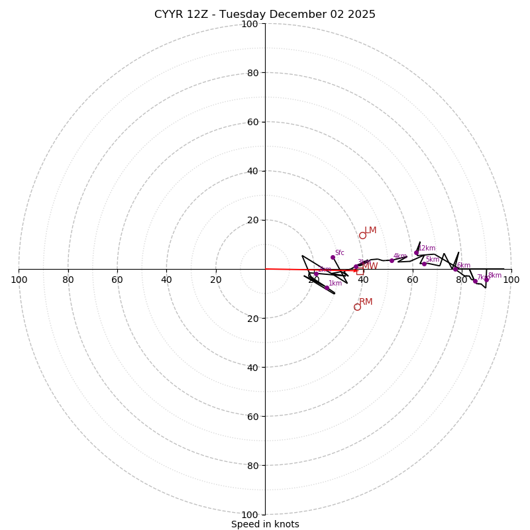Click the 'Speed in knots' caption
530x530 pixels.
(x=265, y=524)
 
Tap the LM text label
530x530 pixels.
(x=370, y=231)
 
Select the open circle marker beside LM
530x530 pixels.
(x=362, y=235)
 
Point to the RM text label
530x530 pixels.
(x=366, y=302)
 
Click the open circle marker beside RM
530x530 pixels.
(x=357, y=307)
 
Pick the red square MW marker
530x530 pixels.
(x=360, y=270)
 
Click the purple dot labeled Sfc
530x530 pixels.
(x=333, y=257)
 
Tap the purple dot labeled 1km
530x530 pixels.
(x=327, y=288)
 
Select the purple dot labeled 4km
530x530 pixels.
(x=392, y=260)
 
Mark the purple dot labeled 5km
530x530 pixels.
(x=424, y=264)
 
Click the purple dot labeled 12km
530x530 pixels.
(x=416, y=252)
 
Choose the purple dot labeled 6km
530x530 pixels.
(x=455, y=269)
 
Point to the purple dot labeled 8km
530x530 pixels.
(x=486, y=280)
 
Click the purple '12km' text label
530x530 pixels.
(x=427, y=248)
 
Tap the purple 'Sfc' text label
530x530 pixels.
(x=339, y=253)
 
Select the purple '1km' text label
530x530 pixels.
(x=335, y=284)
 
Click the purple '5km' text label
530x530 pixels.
(x=432, y=260)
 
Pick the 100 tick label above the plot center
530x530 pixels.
(x=250, y=25)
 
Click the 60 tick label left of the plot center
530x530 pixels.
(x=117, y=280)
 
